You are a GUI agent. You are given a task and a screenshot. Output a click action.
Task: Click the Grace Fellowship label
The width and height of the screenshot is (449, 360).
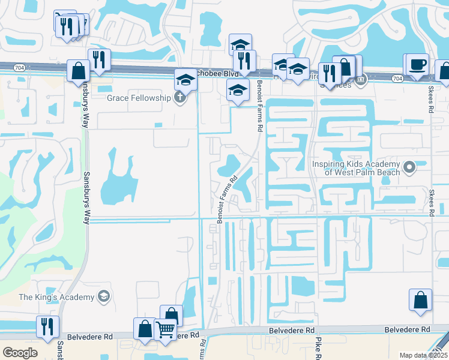pyautogui.click(x=139, y=98)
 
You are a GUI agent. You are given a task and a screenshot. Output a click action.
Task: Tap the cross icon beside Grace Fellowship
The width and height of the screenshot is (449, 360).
pyautogui.click(x=179, y=98)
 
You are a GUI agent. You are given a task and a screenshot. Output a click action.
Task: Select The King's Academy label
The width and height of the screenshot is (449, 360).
pyautogui.click(x=57, y=297)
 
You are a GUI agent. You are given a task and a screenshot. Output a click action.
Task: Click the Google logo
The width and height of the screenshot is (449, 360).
pyautogui.click(x=20, y=352)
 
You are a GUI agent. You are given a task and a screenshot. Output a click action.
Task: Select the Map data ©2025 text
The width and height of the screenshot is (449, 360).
pyautogui.click(x=423, y=355)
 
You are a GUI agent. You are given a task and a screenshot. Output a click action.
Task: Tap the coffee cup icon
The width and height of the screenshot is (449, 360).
pyautogui.click(x=418, y=64)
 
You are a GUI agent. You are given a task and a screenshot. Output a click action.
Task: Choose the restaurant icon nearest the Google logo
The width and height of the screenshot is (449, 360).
pyautogui.click(x=47, y=326)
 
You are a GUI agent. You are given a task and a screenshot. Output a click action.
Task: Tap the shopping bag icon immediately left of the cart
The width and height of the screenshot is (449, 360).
pyautogui.click(x=145, y=328)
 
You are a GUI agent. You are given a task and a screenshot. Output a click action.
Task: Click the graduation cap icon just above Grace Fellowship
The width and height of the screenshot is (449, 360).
pyautogui.click(x=185, y=80)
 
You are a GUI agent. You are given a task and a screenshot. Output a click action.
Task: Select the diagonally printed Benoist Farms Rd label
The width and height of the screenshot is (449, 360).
pyautogui.click(x=229, y=198)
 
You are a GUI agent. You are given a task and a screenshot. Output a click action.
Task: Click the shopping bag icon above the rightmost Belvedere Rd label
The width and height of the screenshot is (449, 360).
pyautogui.click(x=421, y=300)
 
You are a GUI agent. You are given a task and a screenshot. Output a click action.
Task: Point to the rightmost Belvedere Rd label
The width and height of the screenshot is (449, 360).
pyautogui.click(x=408, y=330)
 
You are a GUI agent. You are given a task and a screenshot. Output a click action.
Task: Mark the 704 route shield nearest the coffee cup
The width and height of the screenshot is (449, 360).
pyautogui.click(x=397, y=79)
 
